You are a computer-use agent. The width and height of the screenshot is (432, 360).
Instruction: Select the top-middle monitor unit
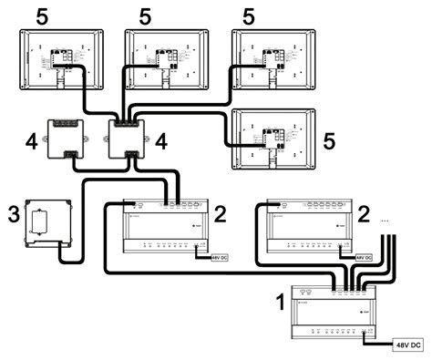[165, 59]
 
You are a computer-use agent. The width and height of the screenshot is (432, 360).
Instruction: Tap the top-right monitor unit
[271, 59]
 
